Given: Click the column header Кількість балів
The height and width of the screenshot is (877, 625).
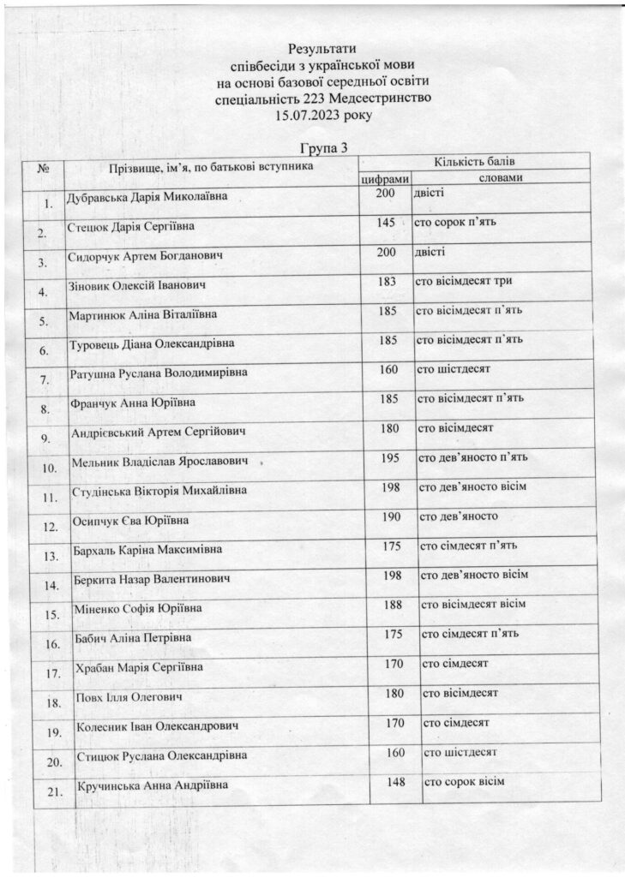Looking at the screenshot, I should (x=474, y=161).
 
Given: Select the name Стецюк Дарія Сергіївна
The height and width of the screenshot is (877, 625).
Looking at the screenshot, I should (x=130, y=228).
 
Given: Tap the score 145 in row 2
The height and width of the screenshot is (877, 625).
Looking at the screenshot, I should (x=386, y=223).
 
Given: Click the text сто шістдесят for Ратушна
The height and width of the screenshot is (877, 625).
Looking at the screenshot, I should (x=451, y=369).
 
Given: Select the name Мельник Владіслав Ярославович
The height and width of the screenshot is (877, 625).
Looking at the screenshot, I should (x=162, y=462).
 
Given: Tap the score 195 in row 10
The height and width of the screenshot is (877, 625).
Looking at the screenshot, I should (x=391, y=457).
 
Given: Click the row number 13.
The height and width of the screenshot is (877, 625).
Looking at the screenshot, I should (x=49, y=557).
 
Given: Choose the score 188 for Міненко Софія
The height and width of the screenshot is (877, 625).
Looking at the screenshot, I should (x=391, y=605).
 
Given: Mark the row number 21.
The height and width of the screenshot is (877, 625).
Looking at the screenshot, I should (x=56, y=790).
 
